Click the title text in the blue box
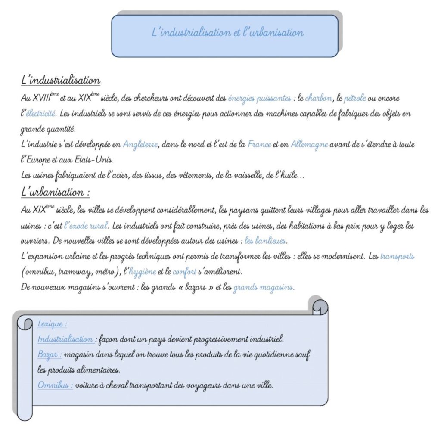[228, 33]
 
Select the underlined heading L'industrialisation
[61, 81]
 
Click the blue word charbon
[318, 99]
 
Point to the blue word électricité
[40, 114]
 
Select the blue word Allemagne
[309, 145]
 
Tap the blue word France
[259, 145]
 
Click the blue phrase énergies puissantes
[259, 99]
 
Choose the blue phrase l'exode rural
[86, 225]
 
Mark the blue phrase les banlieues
[266, 240]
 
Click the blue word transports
[397, 256]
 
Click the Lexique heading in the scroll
[52, 323]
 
